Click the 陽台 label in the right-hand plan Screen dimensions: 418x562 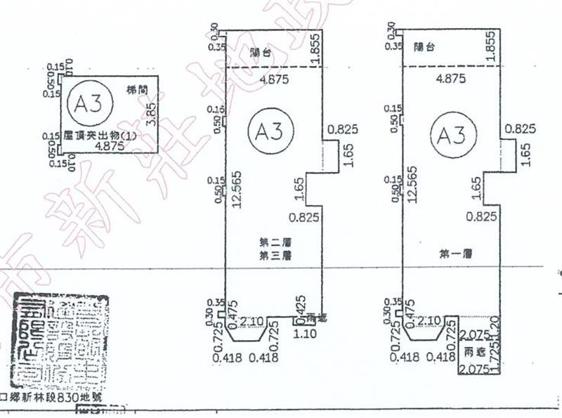click(x=425, y=47)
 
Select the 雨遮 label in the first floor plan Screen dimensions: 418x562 click(x=471, y=351)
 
